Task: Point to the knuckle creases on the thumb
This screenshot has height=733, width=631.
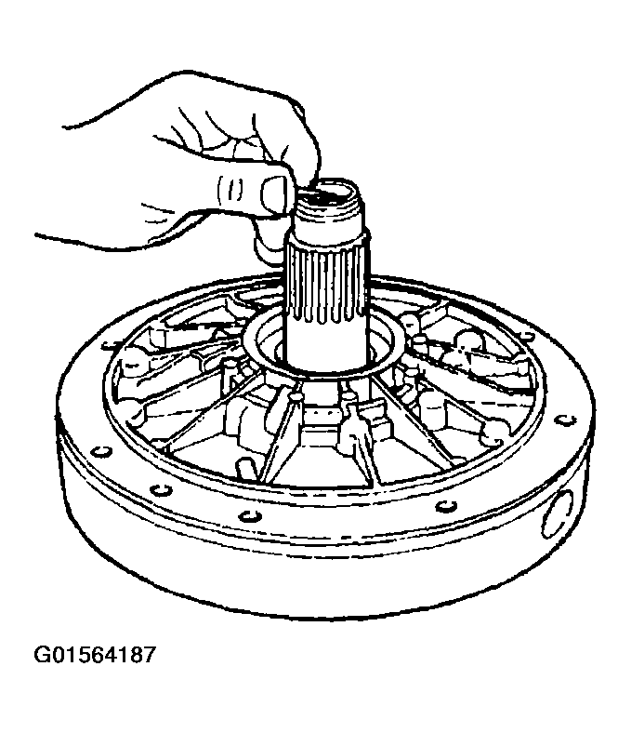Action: point(231,191)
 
